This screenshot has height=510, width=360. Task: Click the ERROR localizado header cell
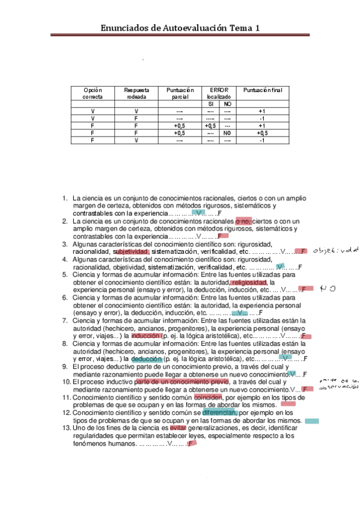click(x=219, y=93)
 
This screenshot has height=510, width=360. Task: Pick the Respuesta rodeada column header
click(x=136, y=93)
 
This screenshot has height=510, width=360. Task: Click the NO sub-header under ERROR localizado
click(x=227, y=104)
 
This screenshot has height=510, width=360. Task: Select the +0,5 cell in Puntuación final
click(x=261, y=133)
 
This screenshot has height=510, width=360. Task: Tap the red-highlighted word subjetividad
click(x=131, y=252)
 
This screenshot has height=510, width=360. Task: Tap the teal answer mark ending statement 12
click(x=311, y=421)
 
